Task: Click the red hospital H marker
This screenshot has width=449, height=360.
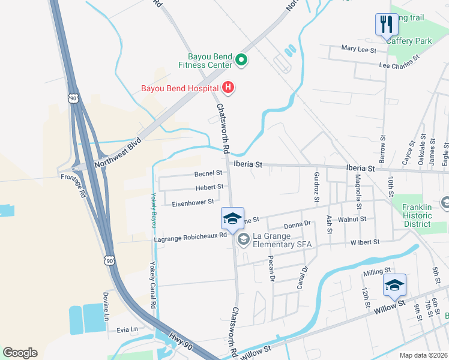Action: click(x=228, y=88)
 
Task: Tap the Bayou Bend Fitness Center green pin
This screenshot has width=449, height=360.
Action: click(x=241, y=59)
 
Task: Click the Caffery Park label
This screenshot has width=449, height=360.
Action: click(x=409, y=41)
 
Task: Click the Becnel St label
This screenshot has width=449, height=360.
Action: click(x=208, y=173)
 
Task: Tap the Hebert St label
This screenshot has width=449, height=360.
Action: click(x=209, y=188)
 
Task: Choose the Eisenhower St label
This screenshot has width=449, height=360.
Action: click(x=193, y=202)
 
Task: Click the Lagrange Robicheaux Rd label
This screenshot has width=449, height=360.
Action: click(x=190, y=236)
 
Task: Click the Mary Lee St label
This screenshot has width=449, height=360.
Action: click(x=358, y=49)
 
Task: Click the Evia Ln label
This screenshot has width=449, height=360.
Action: click(x=127, y=329)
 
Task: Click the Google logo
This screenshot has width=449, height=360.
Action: click(x=20, y=353)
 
